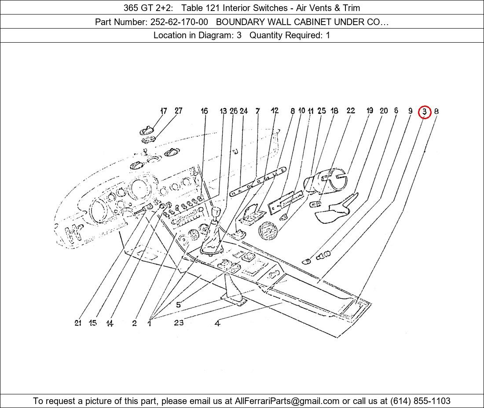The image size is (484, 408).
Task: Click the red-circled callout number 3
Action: click(425, 111)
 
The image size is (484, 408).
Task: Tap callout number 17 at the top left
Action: click(164, 111)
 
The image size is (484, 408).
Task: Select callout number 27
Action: click(178, 110)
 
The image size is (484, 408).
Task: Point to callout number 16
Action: click(204, 111)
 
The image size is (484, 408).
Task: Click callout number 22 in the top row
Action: click(351, 110)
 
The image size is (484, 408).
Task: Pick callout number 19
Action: click(370, 110)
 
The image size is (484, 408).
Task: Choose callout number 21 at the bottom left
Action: click(78, 323)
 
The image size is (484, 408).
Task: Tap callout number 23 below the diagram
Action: click(179, 323)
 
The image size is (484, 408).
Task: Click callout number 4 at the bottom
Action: click(217, 323)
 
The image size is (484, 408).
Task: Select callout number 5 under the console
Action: click(178, 305)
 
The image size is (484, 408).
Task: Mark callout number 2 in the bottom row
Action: click(134, 323)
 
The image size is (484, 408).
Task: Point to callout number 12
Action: click(275, 110)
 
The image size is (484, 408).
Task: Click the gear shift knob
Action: click(216, 213)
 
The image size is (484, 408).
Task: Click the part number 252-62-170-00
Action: click(179, 22)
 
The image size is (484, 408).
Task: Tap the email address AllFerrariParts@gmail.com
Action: click(287, 401)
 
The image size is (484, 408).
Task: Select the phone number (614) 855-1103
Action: click(420, 401)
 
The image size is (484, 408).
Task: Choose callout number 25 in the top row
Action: click(322, 110)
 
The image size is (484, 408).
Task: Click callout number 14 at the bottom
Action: click(110, 323)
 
